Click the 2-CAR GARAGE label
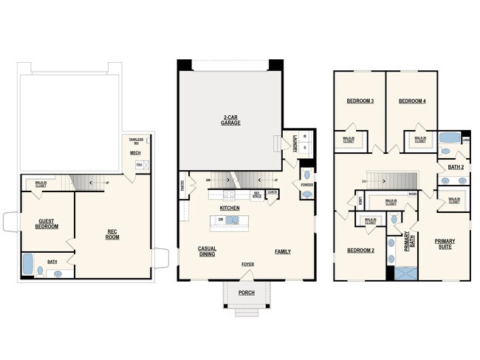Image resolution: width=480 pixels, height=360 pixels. tap(230, 120)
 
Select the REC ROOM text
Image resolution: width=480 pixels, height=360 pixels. tap(113, 234)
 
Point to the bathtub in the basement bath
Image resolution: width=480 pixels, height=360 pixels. tap(29, 265)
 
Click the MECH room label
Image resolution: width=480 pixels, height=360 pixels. tap(135, 153)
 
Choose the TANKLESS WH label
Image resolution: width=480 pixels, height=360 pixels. tap(136, 140)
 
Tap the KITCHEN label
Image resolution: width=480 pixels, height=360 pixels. tap(230, 209)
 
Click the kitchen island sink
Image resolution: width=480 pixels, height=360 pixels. tap(232, 220)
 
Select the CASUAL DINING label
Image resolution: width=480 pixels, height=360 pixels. tap(207, 251)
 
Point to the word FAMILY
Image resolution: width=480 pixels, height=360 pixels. tap(283, 251)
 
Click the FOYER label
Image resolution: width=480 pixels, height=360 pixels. tap(247, 264)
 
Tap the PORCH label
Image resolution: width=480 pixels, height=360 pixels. tap(247, 293)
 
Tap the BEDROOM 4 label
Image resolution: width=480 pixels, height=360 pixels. tap(411, 101)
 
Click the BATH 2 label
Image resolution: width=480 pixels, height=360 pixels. tap(456, 167)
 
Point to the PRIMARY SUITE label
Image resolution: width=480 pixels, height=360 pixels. tap(445, 243)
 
